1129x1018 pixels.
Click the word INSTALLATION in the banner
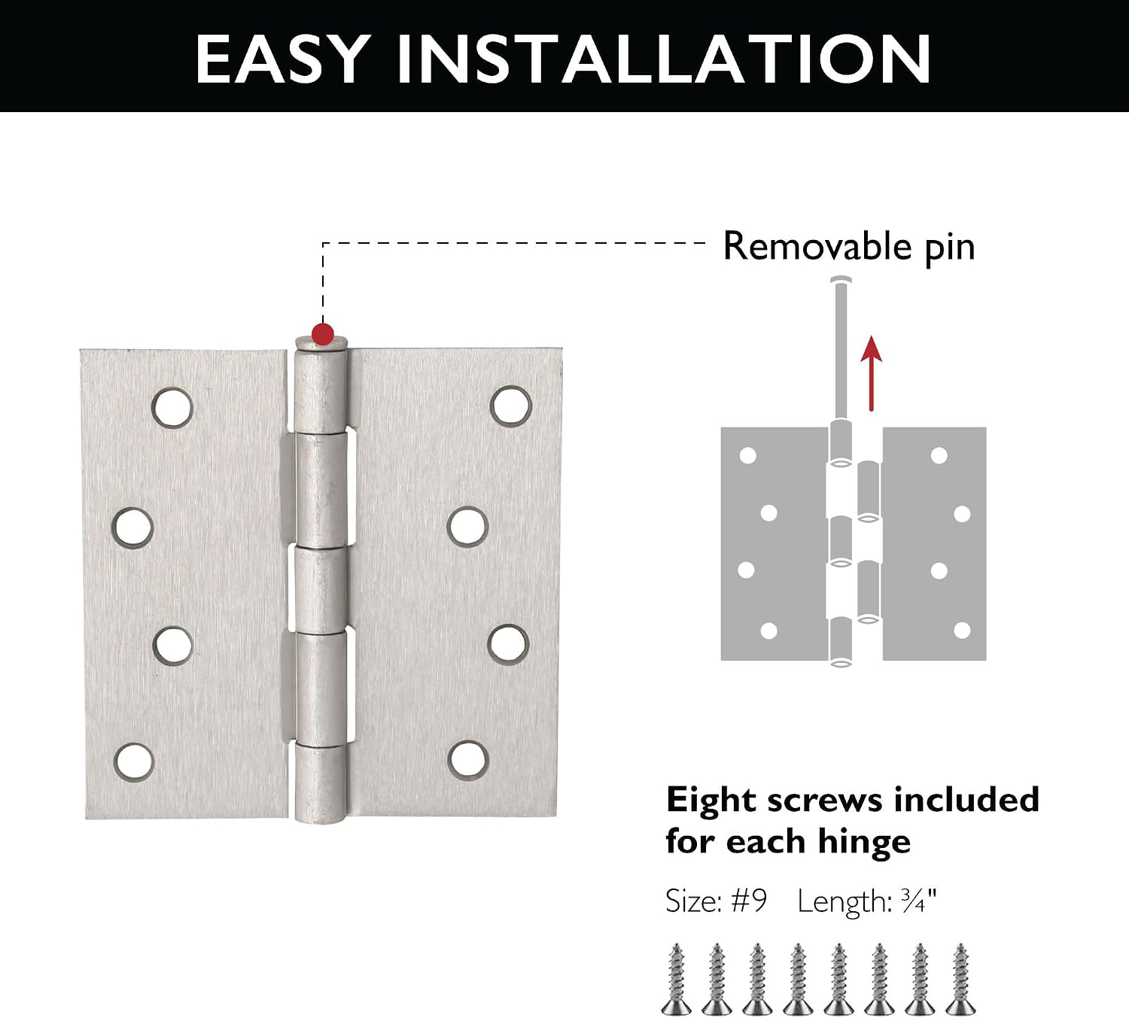tap(664, 59)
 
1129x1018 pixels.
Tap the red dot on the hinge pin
tap(323, 334)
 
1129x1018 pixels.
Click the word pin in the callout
tap(950, 249)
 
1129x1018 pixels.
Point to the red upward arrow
tap(872, 373)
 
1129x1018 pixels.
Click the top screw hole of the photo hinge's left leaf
tap(172, 408)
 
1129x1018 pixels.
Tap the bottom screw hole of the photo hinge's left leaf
tap(134, 762)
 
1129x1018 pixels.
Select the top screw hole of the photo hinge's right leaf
tap(511, 406)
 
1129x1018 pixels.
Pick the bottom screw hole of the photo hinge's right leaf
tap(467, 761)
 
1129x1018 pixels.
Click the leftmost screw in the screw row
tap(676, 980)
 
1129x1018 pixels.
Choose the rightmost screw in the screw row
tap(960, 980)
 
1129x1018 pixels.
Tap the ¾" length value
tap(919, 901)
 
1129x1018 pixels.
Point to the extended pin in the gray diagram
tap(841, 349)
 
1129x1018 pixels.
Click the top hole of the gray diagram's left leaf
tap(748, 456)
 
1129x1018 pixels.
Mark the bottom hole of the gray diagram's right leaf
tap(963, 631)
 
